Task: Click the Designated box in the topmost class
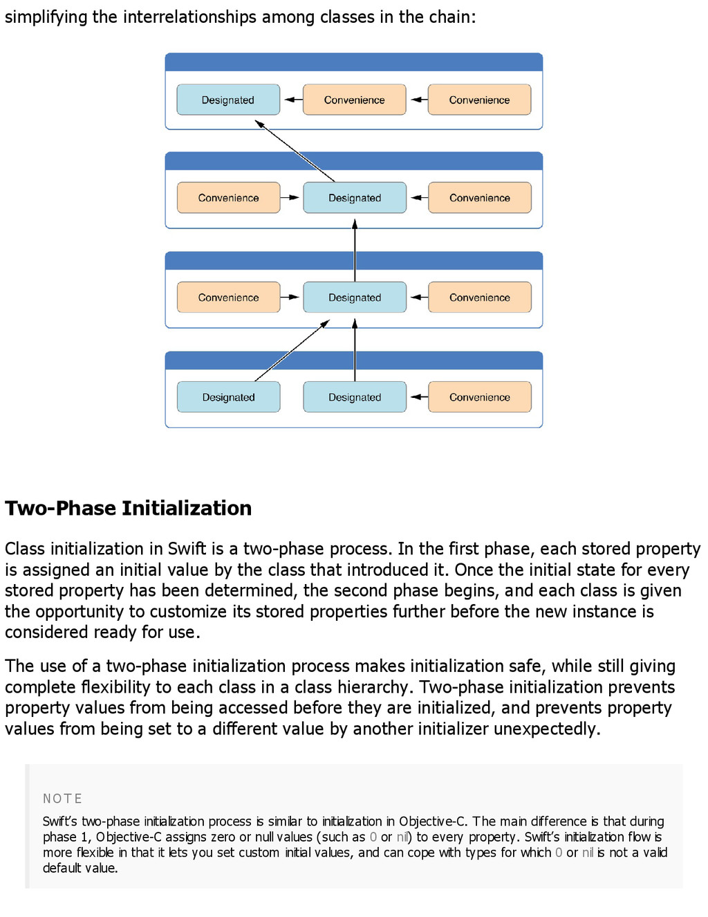(228, 100)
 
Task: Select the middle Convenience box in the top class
(354, 100)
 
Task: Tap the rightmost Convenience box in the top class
(479, 100)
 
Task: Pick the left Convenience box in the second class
(228, 198)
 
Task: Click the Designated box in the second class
(355, 198)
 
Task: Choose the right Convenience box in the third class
(479, 298)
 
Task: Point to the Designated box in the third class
(355, 298)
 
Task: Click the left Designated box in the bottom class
(228, 397)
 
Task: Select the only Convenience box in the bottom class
(479, 397)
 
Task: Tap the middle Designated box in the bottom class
(355, 397)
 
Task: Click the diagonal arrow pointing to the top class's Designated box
(295, 151)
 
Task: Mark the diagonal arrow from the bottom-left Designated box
(292, 350)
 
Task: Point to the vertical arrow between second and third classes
(355, 251)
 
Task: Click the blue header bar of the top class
(354, 62)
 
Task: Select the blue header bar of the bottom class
(354, 361)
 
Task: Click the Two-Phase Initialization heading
(129, 508)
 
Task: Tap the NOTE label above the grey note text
(62, 799)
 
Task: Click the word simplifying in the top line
(46, 17)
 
